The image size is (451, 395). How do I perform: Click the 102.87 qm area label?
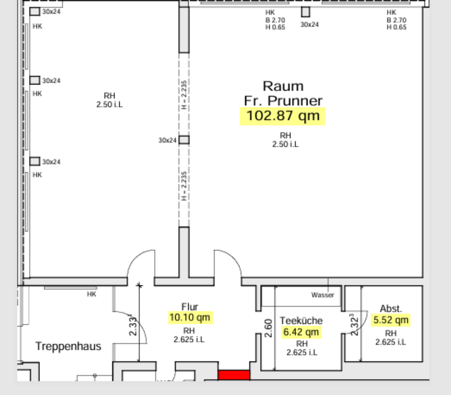click(282, 116)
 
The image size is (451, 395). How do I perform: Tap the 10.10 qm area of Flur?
click(190, 317)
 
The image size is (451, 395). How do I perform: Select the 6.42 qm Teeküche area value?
click(301, 332)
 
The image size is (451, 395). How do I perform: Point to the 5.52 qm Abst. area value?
click(391, 321)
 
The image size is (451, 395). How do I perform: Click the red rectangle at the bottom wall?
click(233, 375)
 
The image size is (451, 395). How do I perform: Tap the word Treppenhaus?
click(68, 347)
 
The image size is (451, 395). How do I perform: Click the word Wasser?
click(323, 295)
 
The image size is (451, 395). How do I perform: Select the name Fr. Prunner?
click(283, 101)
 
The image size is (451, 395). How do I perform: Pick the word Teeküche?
click(301, 321)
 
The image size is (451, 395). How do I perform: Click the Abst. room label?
click(391, 309)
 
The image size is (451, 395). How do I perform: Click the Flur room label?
click(190, 307)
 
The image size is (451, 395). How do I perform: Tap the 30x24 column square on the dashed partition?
click(184, 140)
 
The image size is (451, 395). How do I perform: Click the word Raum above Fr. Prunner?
click(283, 86)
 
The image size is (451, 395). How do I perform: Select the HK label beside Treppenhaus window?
click(92, 294)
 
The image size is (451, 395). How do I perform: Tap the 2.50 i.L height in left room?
click(109, 105)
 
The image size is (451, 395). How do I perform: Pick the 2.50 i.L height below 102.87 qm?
click(285, 144)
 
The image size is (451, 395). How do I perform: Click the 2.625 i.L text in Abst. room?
click(391, 342)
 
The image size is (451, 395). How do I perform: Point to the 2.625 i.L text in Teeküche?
click(301, 352)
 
